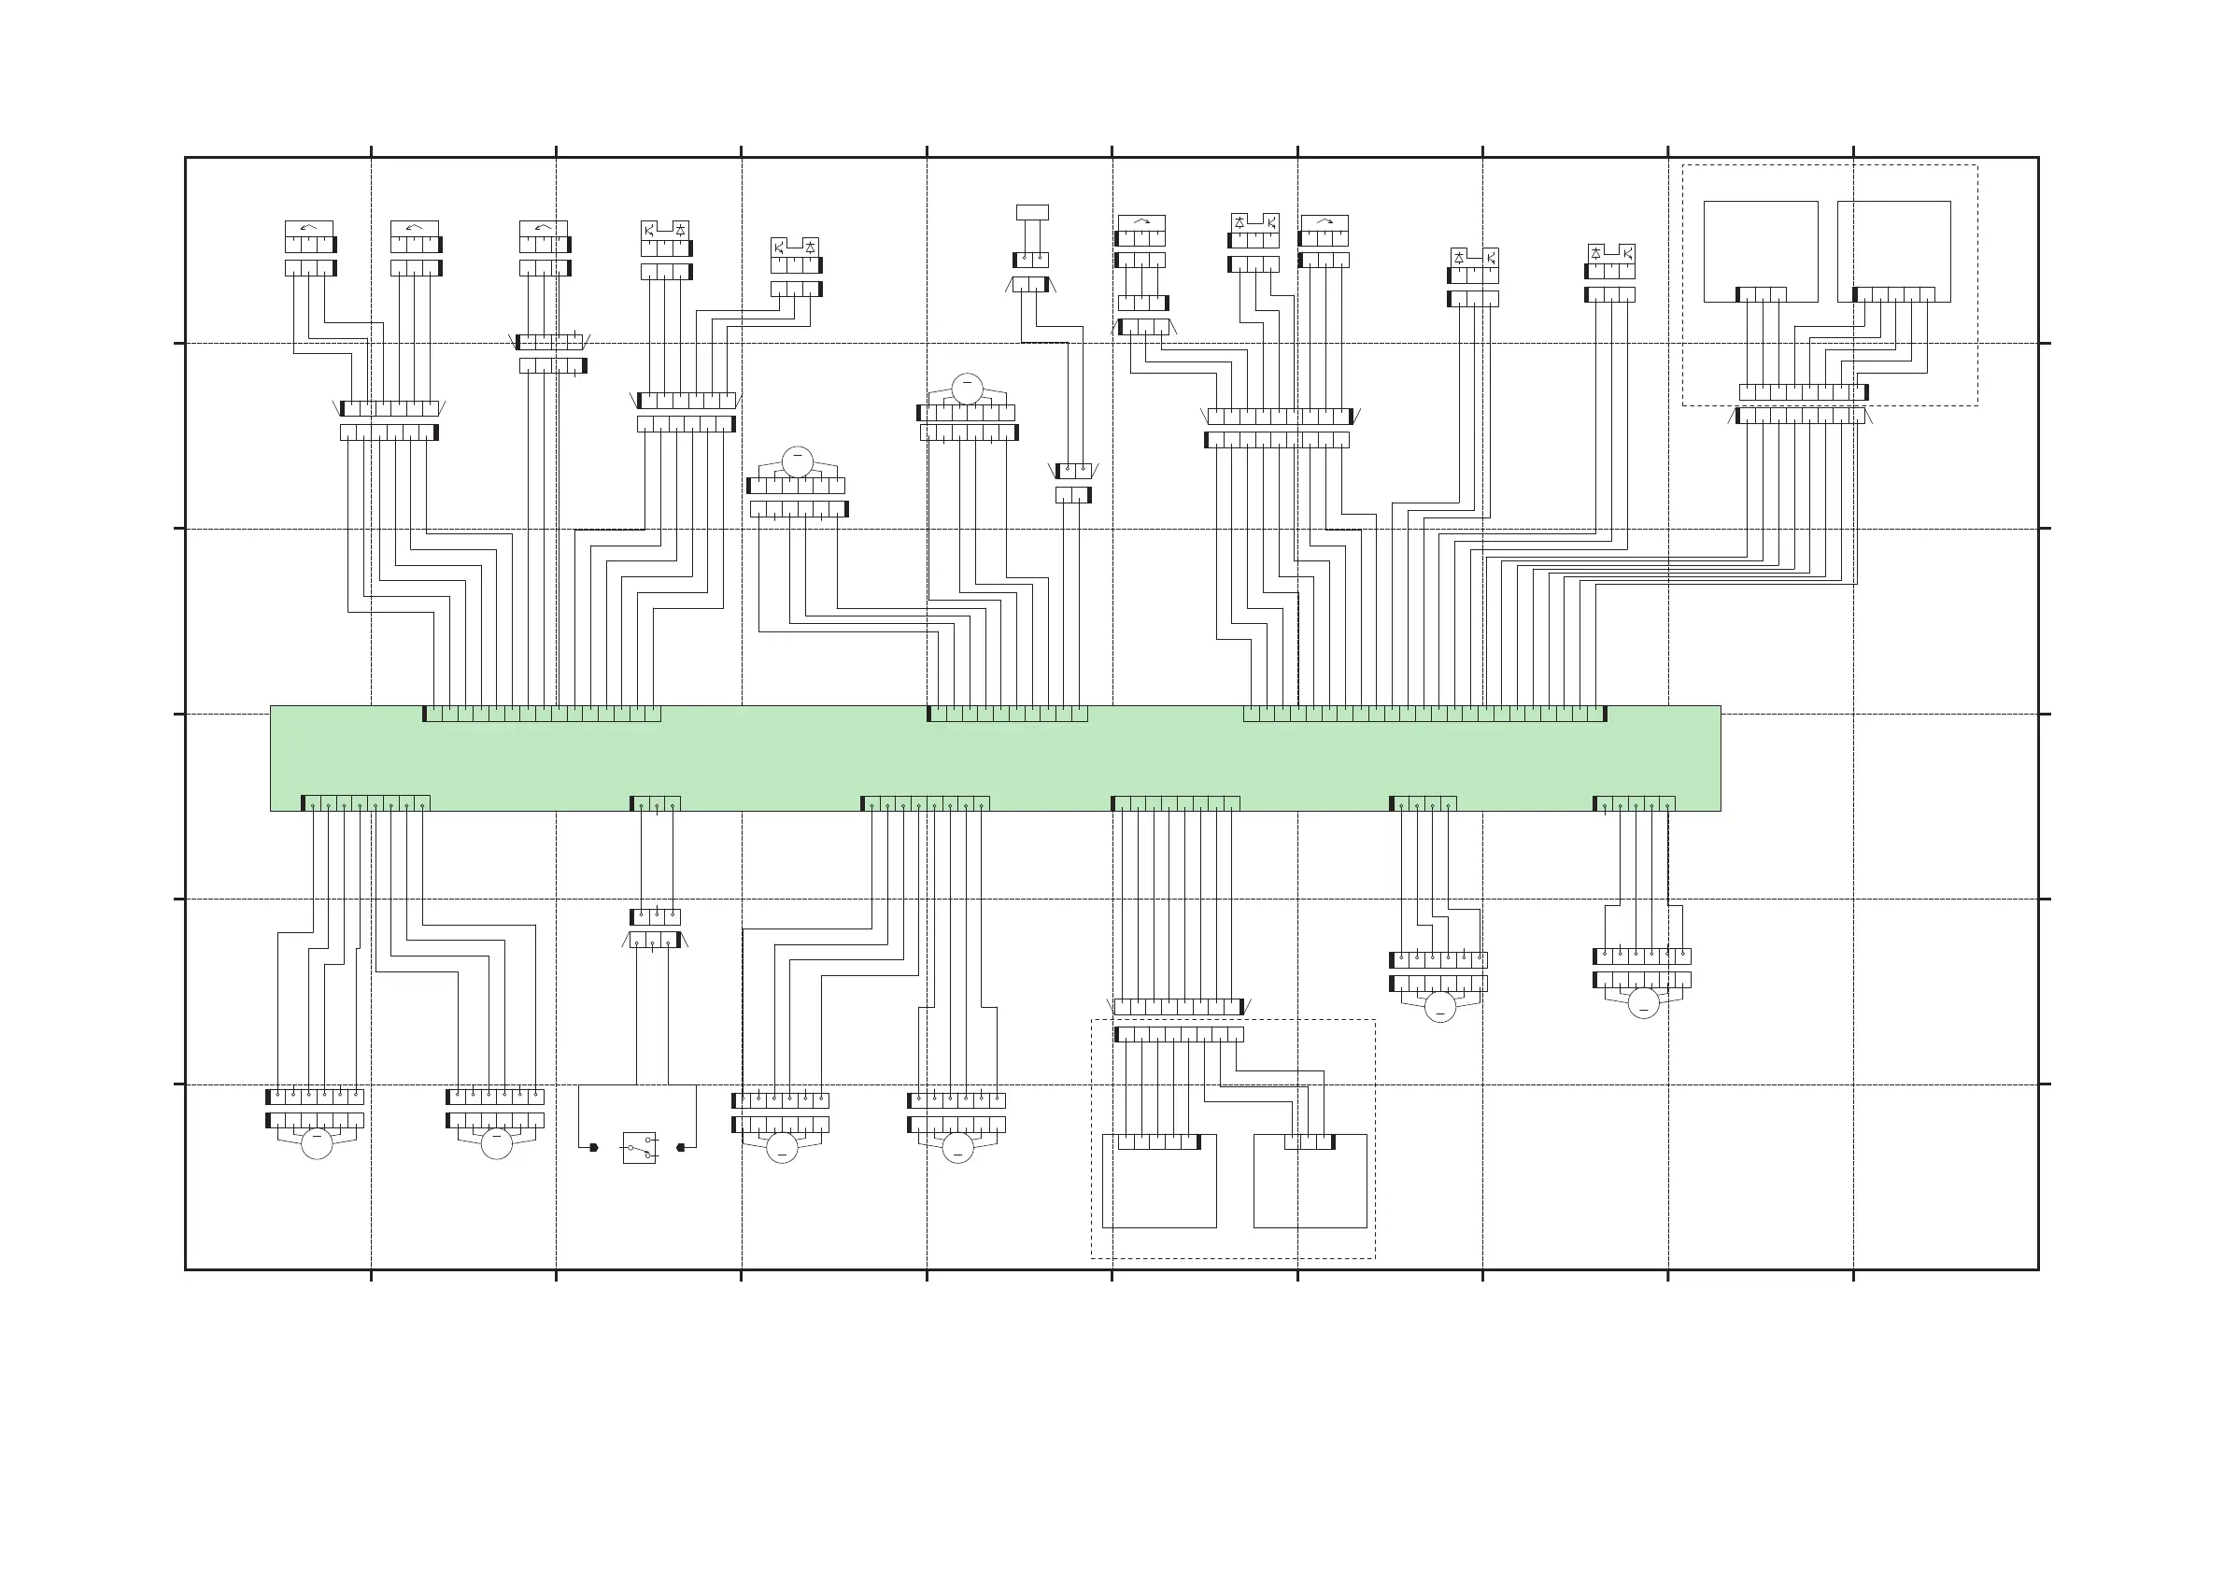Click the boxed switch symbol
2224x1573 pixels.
[639, 1148]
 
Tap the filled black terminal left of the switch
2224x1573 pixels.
[594, 1148]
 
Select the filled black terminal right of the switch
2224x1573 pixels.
[681, 1148]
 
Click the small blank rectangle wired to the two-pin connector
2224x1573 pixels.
[1031, 212]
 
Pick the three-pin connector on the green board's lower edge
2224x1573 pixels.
[656, 803]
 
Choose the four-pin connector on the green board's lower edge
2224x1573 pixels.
[1423, 803]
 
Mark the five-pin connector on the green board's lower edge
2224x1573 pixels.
[1634, 803]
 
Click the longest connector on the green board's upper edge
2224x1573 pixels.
[1424, 714]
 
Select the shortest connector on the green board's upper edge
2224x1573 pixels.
[1008, 714]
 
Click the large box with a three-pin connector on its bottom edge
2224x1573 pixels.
[1760, 250]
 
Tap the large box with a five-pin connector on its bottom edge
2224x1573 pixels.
[1893, 250]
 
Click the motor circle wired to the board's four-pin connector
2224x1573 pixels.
[1440, 1007]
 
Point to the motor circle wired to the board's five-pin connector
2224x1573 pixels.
[1644, 1003]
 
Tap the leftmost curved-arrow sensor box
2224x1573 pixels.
[309, 229]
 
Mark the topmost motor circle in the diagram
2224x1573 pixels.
[967, 389]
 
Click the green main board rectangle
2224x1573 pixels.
[995, 758]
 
